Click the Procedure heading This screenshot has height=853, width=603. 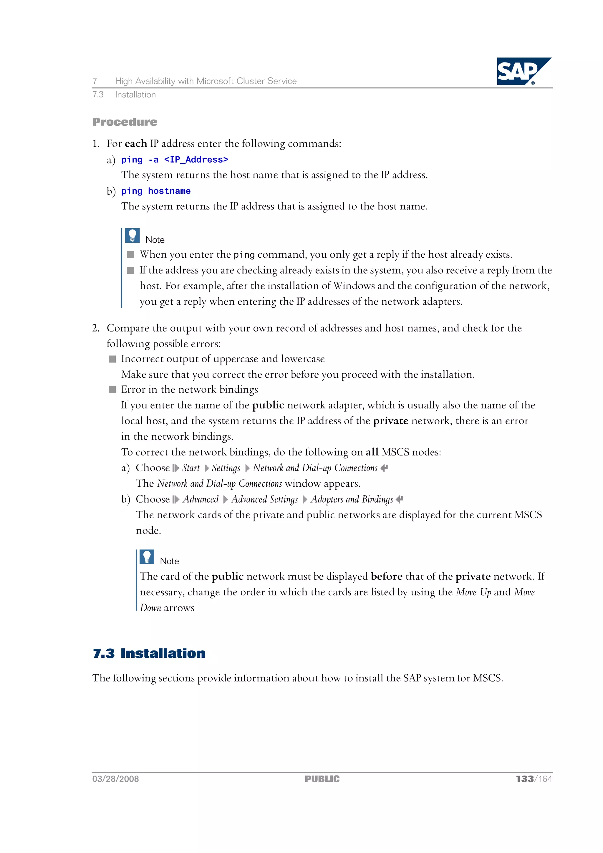point(125,122)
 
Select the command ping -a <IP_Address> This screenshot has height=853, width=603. point(175,160)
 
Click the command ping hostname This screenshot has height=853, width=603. point(156,191)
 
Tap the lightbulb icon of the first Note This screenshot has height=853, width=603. point(132,236)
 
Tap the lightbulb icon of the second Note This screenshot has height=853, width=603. point(147,557)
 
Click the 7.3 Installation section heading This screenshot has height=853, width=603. point(149,653)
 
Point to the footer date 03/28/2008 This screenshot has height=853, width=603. point(115,779)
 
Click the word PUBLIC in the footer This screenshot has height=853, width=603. point(322,779)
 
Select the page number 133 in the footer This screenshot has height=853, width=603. point(525,779)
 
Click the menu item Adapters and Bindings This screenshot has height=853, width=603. point(352,499)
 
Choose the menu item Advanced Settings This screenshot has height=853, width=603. point(264,499)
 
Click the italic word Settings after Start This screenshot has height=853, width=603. point(226,468)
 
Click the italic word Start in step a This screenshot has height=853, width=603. point(191,468)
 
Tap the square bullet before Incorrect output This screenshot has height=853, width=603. point(112,359)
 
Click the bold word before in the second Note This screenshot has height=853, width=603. point(386,576)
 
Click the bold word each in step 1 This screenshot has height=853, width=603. point(136,143)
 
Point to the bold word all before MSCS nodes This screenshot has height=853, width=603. point(372,452)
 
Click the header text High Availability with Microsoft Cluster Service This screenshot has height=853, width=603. point(206,81)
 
